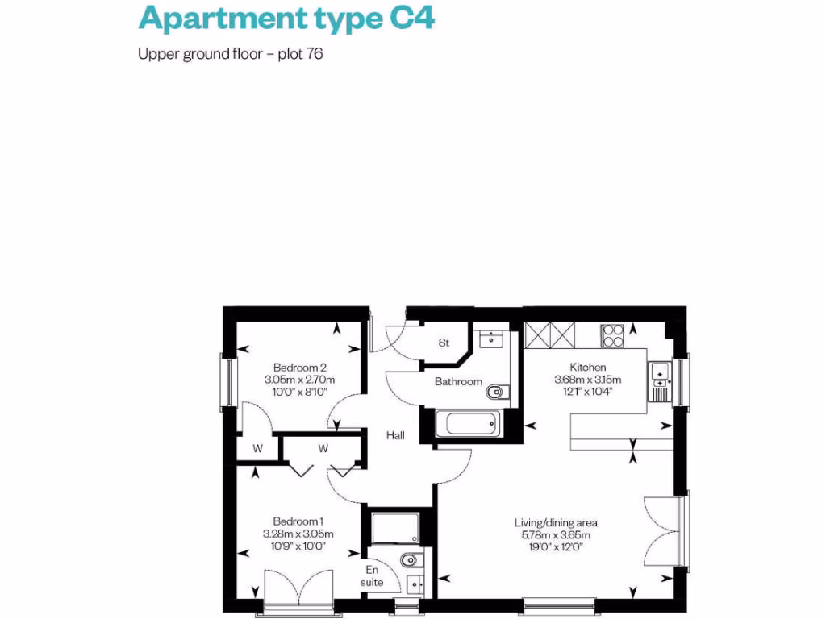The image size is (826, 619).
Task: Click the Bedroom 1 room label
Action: tap(298, 521)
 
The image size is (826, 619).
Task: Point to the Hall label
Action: tap(395, 436)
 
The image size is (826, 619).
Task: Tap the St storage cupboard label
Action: tap(444, 343)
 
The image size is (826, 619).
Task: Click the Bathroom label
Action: tap(458, 382)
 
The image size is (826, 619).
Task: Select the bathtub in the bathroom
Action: tap(467, 424)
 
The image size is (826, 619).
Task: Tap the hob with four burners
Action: tap(612, 334)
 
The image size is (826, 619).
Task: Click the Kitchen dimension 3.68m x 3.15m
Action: tap(588, 380)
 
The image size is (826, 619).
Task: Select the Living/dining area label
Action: tap(556, 522)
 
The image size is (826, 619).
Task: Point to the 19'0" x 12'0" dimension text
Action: tap(556, 546)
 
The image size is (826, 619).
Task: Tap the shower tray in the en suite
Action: tap(394, 528)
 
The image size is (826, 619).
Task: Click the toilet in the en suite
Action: tap(409, 559)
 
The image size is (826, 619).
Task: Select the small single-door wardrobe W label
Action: tap(257, 448)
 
